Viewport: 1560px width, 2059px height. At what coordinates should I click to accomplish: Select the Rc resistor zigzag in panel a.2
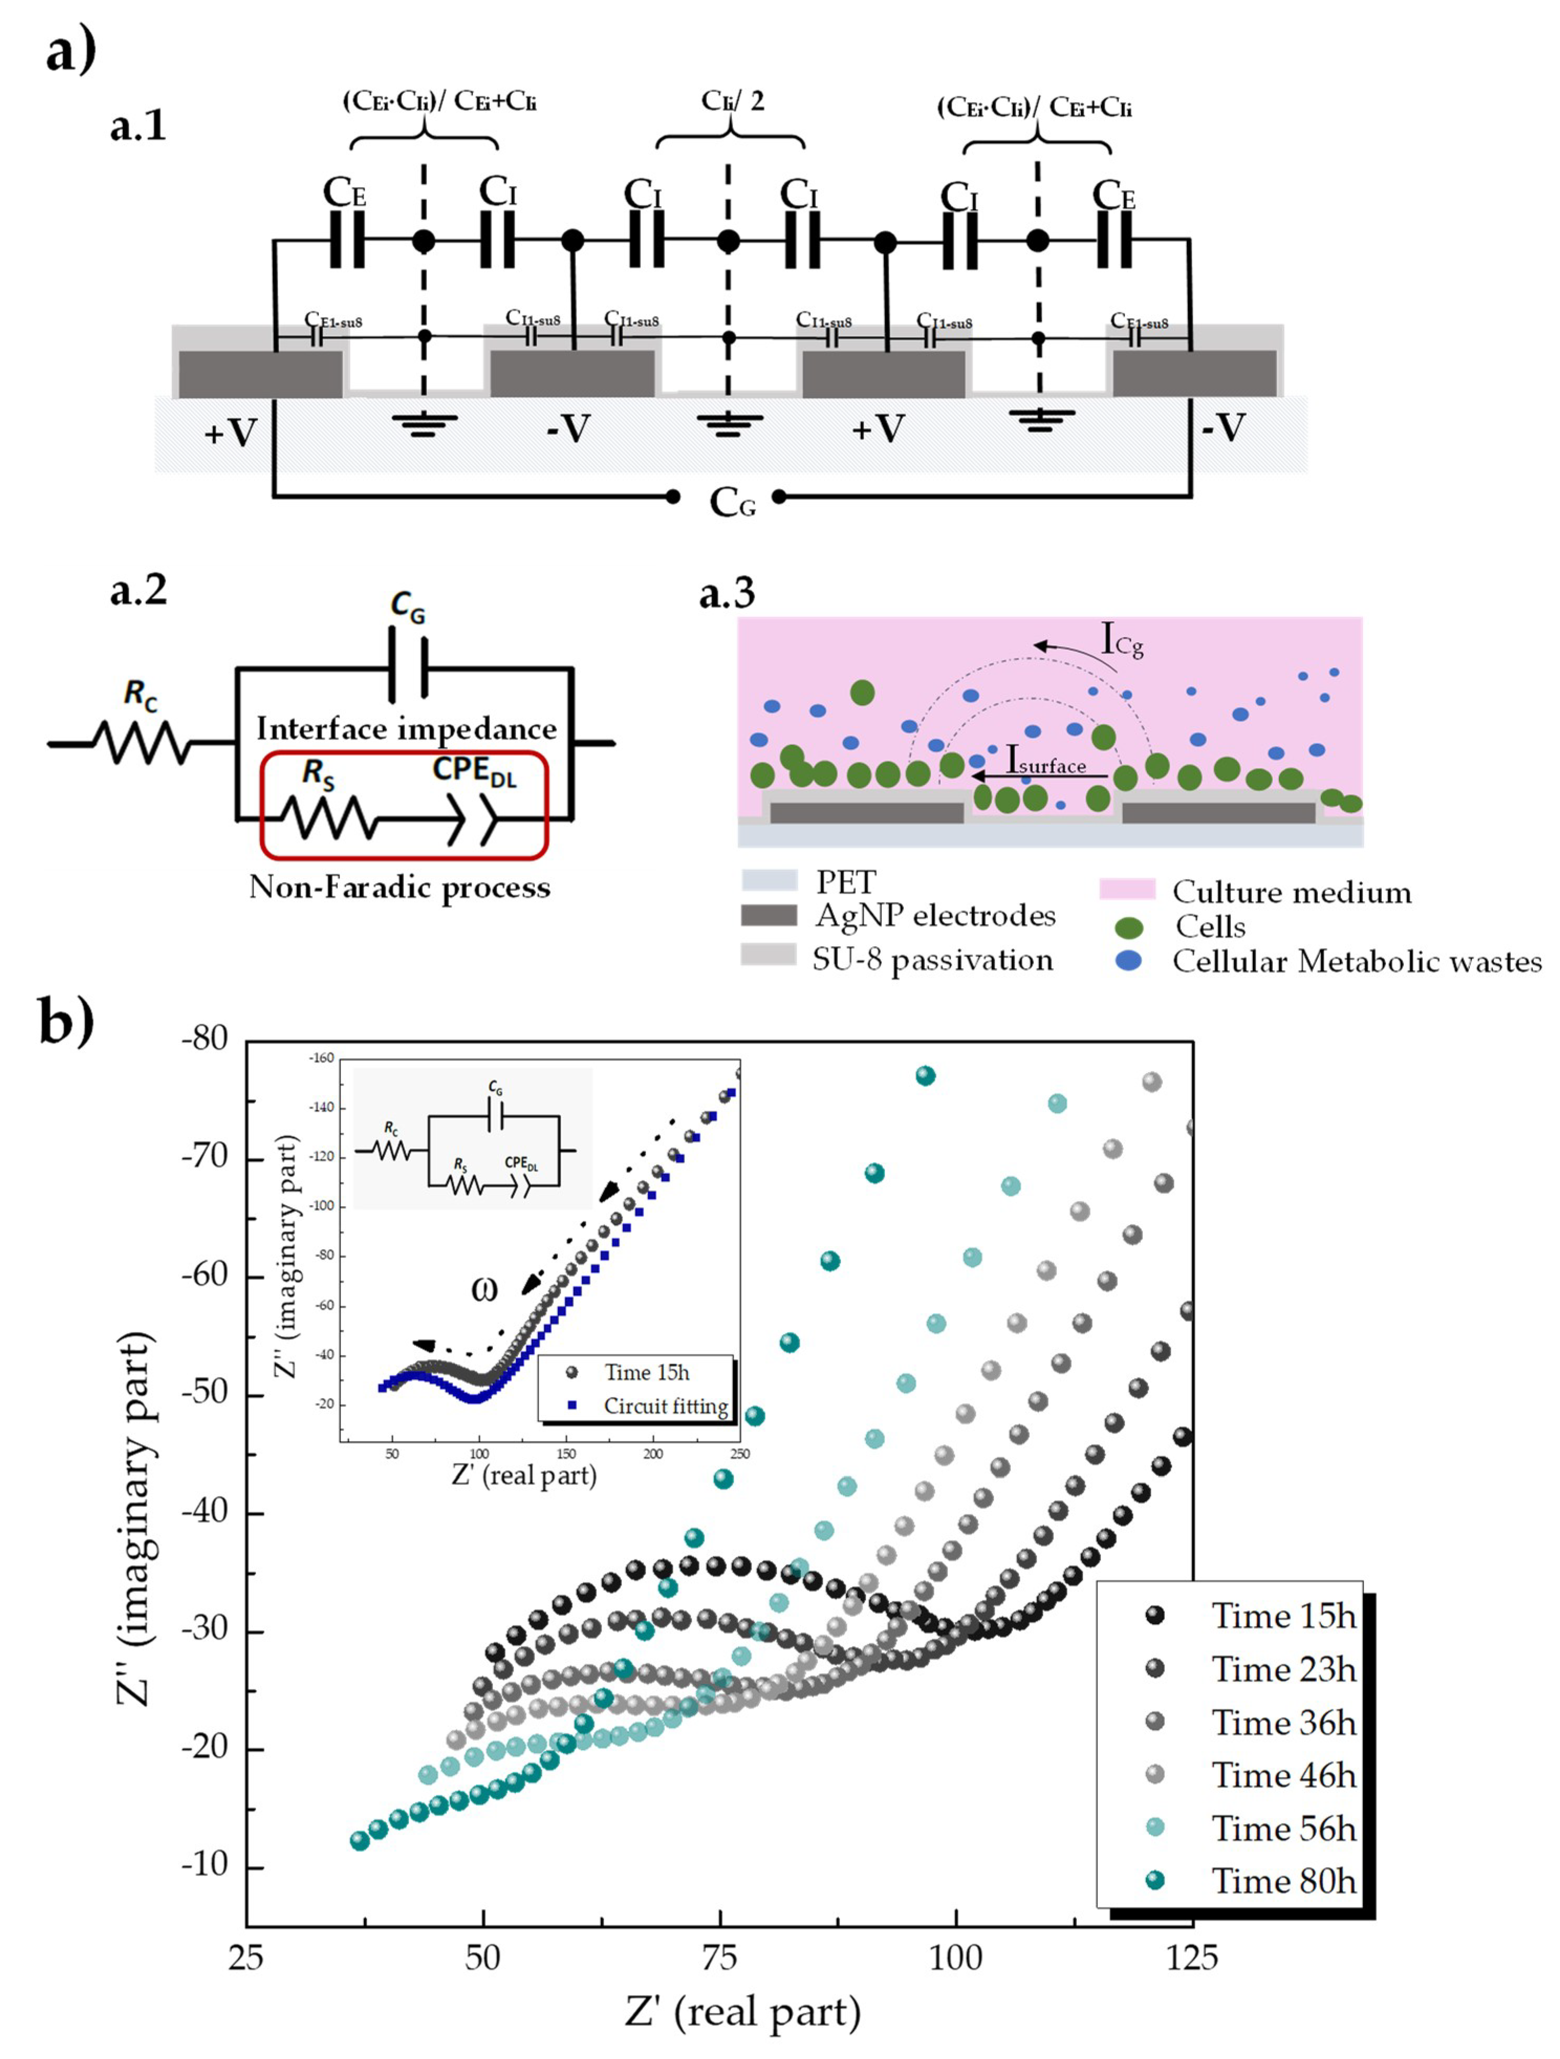141,743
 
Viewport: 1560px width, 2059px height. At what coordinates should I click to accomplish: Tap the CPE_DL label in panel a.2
475,771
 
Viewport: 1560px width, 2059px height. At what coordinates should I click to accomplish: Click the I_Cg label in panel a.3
1121,640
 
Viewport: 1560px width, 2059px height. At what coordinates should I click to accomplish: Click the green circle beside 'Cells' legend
1128,927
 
